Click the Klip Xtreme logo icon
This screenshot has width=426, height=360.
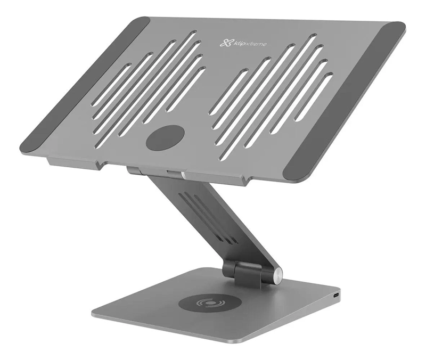(225, 43)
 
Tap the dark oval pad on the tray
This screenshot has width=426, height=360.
(165, 138)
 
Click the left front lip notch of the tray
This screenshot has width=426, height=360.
(100, 165)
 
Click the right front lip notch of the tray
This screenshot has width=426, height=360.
(248, 181)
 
